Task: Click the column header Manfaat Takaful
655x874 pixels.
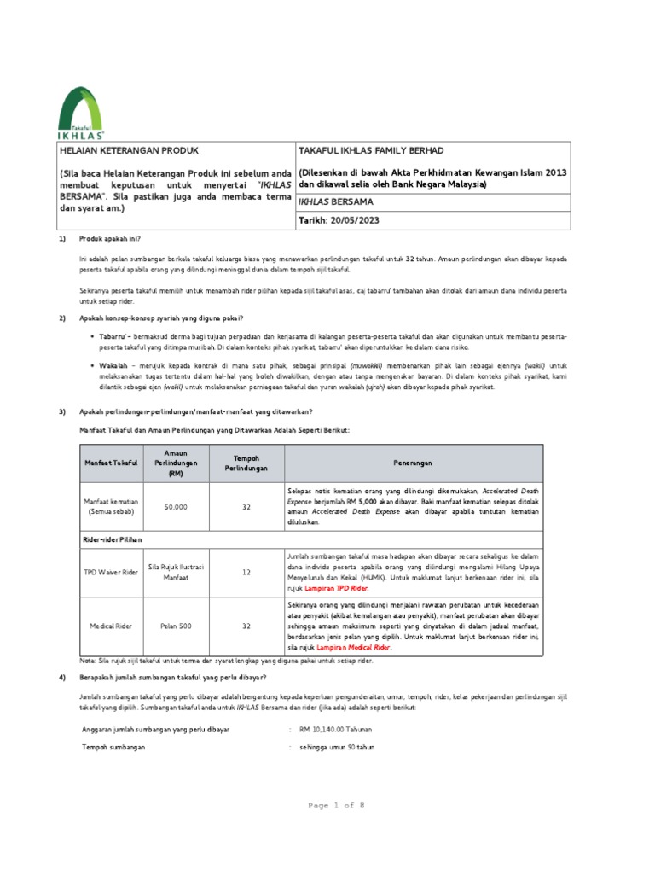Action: click(x=111, y=463)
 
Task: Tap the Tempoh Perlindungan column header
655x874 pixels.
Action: click(x=246, y=463)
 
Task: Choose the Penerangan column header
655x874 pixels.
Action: click(x=412, y=463)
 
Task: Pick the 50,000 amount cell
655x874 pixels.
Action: click(x=175, y=507)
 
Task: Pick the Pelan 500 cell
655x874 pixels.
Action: click(x=175, y=626)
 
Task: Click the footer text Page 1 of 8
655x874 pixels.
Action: click(x=327, y=806)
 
